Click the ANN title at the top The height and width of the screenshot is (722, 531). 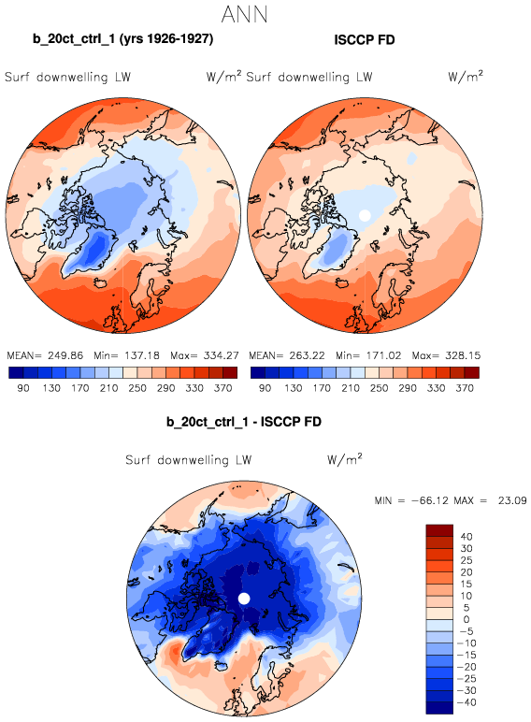click(244, 14)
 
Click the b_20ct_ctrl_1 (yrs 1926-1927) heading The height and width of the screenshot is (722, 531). click(122, 38)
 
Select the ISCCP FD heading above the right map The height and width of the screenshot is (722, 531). click(365, 40)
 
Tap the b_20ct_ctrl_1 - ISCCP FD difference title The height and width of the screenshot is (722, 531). click(244, 422)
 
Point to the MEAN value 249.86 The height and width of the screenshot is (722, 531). click(65, 355)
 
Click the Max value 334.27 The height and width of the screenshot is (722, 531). click(222, 355)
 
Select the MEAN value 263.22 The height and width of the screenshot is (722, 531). click(307, 355)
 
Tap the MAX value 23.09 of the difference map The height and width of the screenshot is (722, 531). click(512, 500)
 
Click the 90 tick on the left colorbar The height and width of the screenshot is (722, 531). click(23, 388)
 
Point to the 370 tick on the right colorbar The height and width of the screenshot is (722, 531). click(465, 388)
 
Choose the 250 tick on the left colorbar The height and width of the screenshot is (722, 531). click(137, 388)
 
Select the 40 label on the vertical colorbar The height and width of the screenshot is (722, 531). click(466, 537)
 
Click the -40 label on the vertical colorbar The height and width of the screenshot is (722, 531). click(466, 702)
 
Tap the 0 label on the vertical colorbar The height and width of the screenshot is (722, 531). click(466, 619)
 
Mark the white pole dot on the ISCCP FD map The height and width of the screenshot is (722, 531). click(365, 215)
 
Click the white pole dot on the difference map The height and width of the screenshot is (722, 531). click(244, 599)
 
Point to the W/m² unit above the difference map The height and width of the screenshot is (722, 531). click(345, 458)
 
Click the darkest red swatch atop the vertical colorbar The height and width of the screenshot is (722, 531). click(439, 530)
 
